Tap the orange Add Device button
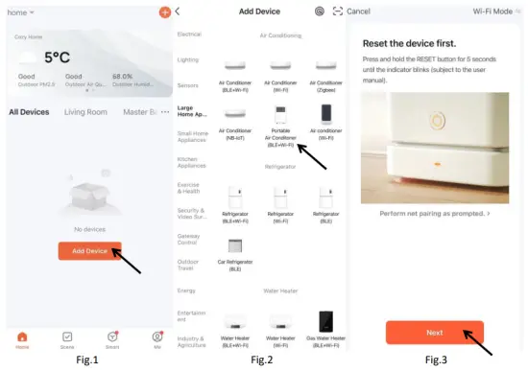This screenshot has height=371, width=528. point(89,251)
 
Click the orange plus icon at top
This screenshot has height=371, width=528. point(164,12)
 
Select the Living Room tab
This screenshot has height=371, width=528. point(85,112)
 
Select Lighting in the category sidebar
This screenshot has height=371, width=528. point(188,59)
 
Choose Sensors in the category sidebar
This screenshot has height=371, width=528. point(188,85)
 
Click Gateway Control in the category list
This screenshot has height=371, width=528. point(189,238)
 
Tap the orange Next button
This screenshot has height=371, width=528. point(434,332)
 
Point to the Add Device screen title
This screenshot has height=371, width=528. point(262,11)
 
